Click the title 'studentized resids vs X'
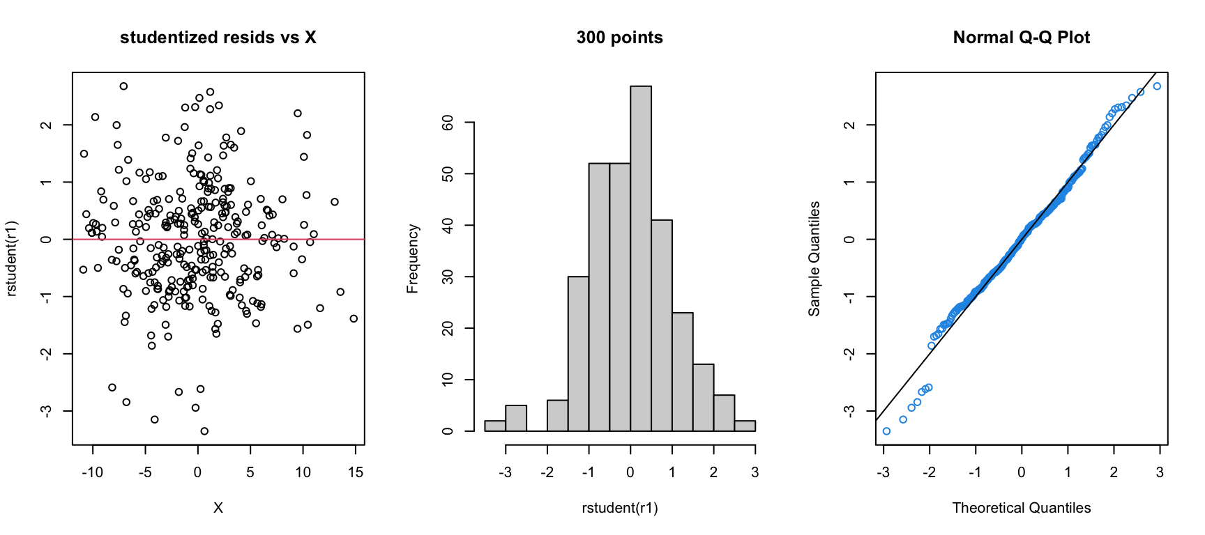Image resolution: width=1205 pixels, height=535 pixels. [218, 38]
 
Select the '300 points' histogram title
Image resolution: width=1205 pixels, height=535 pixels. [619, 38]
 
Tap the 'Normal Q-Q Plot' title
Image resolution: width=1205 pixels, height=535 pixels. [1021, 38]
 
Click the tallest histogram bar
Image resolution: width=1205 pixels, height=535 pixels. [641, 258]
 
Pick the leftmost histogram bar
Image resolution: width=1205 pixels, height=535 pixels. [495, 426]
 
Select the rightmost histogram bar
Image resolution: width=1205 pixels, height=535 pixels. [745, 426]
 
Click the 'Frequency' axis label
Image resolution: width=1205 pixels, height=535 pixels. [412, 258]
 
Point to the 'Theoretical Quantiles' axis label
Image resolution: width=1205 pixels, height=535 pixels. [1021, 508]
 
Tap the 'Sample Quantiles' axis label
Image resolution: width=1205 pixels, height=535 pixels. [814, 258]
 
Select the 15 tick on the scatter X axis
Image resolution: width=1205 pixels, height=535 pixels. [355, 472]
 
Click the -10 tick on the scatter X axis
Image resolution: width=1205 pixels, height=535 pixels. [93, 472]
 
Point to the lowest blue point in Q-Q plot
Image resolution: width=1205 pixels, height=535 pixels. [886, 431]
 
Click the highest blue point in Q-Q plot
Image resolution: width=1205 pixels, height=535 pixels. [1157, 86]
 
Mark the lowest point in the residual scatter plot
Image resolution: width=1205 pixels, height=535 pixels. [204, 431]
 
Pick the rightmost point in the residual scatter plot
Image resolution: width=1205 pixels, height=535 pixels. [354, 318]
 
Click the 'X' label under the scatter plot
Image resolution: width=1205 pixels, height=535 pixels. [218, 508]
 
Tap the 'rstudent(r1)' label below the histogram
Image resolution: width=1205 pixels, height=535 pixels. [619, 508]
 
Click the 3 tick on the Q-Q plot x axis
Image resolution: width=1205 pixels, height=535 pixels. [1160, 472]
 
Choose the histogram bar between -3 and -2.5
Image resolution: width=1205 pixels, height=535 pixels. [516, 418]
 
